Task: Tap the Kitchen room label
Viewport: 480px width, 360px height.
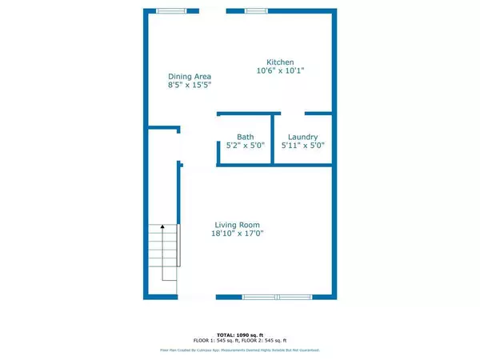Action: click(280, 62)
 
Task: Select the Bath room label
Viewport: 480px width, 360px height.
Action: click(246, 137)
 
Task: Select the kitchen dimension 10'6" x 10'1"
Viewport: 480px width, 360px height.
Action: click(280, 71)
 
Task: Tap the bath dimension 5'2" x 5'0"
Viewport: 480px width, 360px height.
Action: click(246, 146)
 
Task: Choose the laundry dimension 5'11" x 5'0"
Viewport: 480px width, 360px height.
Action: click(302, 146)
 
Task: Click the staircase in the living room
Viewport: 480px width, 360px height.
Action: click(162, 252)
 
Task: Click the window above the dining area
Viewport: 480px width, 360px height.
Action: click(169, 10)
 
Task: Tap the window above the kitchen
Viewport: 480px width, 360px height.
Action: click(256, 10)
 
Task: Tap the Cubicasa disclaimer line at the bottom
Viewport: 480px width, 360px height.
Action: click(240, 350)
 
